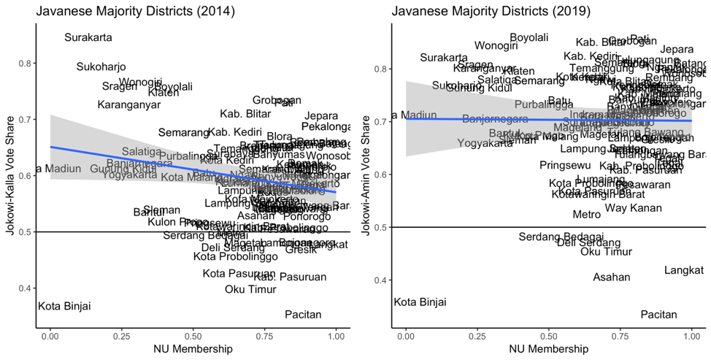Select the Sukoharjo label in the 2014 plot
[x=101, y=67]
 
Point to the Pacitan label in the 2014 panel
[x=303, y=315]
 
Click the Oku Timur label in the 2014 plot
[x=250, y=289]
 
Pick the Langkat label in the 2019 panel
[x=684, y=271]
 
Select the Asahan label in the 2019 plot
[x=612, y=277]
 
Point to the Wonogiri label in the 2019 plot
[x=496, y=46]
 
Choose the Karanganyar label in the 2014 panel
[x=129, y=105]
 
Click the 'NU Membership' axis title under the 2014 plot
[x=193, y=350]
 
